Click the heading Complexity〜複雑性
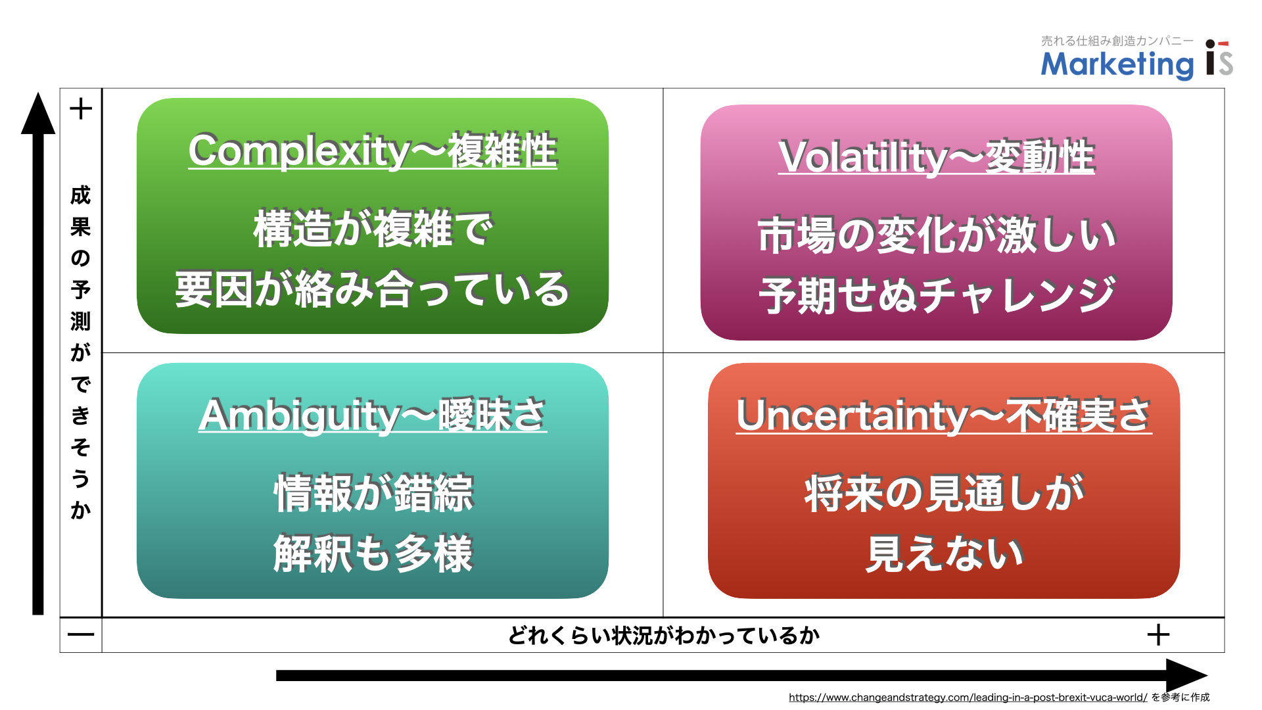point(373,151)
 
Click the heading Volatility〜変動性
point(937,157)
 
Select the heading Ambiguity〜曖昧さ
point(373,415)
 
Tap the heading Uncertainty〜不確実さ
point(944,415)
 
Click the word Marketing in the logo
point(1117,64)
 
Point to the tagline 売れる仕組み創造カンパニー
point(1117,41)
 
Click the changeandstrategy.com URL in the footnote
point(968,698)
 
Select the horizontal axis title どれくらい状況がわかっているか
point(664,636)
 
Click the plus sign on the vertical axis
point(81,108)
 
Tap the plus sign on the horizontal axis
point(1158,635)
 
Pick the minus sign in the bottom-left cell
point(81,635)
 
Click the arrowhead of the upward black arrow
point(38,113)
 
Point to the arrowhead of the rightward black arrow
point(1186,676)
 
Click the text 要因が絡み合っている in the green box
point(373,290)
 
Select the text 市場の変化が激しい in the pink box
point(937,235)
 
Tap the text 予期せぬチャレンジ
point(937,295)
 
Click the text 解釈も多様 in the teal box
point(373,554)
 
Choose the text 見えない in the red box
point(944,554)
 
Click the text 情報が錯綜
point(373,493)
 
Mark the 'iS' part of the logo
point(1219,59)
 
